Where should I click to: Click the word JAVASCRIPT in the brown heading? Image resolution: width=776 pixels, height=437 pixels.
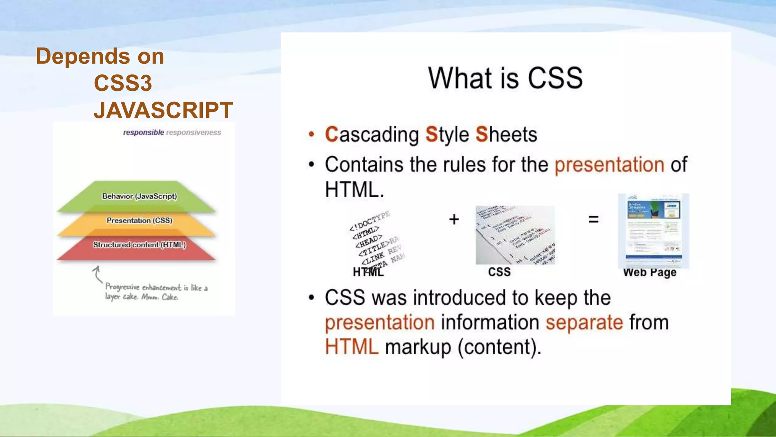click(x=163, y=110)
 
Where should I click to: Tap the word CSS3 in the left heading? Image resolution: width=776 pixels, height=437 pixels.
click(x=123, y=83)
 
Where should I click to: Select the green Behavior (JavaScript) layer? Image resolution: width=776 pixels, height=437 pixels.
click(x=139, y=196)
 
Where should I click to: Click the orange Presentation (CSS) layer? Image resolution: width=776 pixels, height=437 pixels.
click(x=139, y=220)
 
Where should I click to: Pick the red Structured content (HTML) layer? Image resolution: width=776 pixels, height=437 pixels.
click(x=139, y=245)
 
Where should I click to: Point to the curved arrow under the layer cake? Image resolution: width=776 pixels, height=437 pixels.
click(x=97, y=274)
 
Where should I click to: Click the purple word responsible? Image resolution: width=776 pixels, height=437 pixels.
click(x=143, y=132)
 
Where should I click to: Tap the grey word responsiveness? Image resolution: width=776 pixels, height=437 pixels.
click(x=194, y=132)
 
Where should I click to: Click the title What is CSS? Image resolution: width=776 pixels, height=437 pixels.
click(x=505, y=78)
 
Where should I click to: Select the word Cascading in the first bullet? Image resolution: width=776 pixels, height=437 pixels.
click(x=372, y=135)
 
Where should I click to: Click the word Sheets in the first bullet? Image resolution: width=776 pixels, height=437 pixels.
click(x=506, y=135)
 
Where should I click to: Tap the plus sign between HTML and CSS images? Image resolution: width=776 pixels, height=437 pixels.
click(x=454, y=219)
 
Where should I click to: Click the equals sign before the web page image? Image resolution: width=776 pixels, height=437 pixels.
click(x=593, y=219)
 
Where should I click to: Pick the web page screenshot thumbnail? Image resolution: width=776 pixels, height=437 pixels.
click(x=653, y=231)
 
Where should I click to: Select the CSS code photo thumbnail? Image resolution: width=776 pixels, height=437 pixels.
click(x=515, y=235)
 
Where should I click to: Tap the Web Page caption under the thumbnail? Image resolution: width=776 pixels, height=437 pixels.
click(x=649, y=272)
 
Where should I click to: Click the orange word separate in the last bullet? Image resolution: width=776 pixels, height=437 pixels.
click(x=584, y=322)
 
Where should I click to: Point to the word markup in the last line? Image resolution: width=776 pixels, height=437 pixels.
click(x=418, y=347)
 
